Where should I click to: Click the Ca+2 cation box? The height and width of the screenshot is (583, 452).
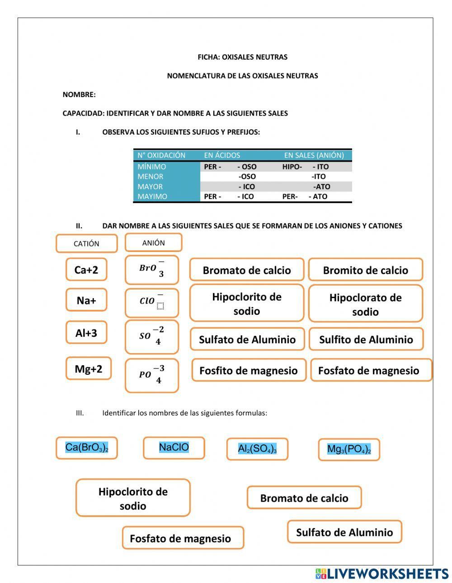(86, 270)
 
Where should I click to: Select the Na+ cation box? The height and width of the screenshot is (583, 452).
(86, 300)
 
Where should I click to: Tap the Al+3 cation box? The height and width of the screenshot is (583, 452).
(86, 333)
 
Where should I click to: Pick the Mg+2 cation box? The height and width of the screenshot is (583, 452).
(88, 368)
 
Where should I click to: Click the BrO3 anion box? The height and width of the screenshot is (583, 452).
(151, 270)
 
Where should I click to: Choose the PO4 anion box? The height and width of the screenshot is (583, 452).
(151, 375)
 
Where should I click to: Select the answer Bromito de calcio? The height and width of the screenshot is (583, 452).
(365, 270)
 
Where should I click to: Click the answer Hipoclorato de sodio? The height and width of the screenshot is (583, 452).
(365, 304)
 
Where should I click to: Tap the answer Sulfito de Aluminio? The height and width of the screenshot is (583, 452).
(366, 340)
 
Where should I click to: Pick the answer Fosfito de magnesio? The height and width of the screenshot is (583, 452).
(249, 370)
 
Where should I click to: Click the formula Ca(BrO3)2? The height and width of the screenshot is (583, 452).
(87, 448)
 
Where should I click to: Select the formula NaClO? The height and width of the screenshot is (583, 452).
(174, 448)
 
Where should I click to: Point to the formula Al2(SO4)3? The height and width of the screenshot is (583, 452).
(257, 449)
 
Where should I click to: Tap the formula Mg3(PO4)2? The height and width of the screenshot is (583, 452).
(349, 449)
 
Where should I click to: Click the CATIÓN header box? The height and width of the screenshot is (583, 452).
(86, 243)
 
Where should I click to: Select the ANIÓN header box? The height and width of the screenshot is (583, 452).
(153, 243)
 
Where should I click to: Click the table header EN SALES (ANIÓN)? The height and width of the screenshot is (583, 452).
(314, 155)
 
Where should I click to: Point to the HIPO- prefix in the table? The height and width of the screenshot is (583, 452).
(292, 167)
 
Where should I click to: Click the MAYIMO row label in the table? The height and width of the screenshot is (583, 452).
(152, 196)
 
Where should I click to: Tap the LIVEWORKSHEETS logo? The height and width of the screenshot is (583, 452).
(382, 574)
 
